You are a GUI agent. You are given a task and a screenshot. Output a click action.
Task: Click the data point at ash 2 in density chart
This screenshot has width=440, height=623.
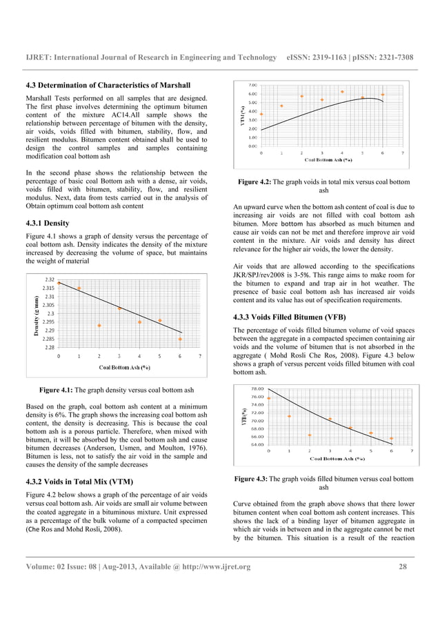click(99, 326)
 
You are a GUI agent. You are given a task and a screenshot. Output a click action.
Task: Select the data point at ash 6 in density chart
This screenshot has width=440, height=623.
click(181, 339)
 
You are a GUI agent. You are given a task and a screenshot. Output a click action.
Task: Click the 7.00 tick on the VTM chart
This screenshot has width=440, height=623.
click(253, 85)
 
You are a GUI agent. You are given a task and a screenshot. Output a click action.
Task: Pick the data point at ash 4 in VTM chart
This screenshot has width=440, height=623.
click(342, 92)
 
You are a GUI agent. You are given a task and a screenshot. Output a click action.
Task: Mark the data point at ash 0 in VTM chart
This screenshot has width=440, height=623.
click(261, 114)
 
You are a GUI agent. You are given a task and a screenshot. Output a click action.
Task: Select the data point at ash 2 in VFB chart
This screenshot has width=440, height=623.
click(310, 435)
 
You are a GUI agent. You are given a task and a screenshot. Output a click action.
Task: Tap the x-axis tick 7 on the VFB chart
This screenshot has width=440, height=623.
click(412, 451)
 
